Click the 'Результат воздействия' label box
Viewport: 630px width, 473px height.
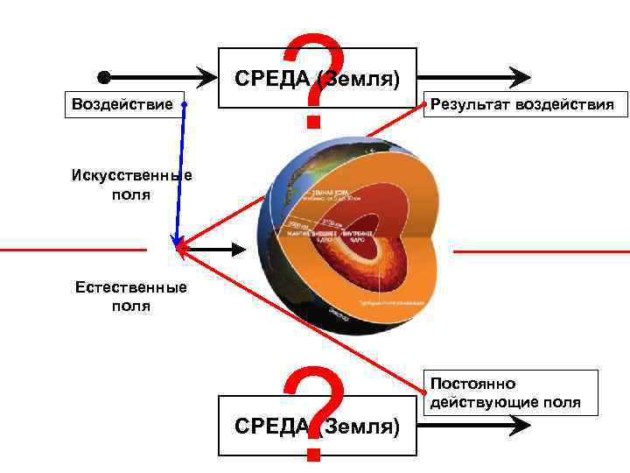(x=521, y=106)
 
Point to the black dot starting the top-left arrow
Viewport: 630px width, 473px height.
(x=103, y=76)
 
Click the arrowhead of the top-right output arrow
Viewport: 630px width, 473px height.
(x=521, y=76)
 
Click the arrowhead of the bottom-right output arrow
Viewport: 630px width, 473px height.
(x=521, y=425)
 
